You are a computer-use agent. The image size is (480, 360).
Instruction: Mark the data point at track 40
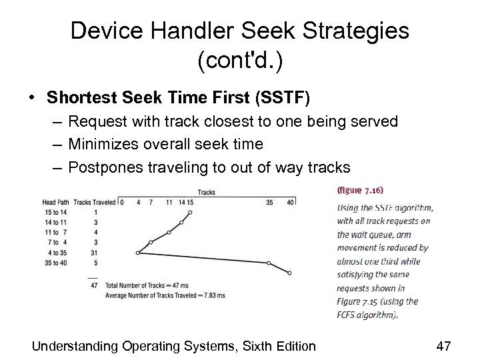point(289,273)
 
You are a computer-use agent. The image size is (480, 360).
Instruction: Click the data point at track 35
point(269,263)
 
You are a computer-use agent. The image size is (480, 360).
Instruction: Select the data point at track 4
point(137,253)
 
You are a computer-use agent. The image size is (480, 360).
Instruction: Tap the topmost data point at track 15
point(190,213)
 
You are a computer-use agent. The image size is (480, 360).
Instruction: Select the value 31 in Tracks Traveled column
point(97,253)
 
